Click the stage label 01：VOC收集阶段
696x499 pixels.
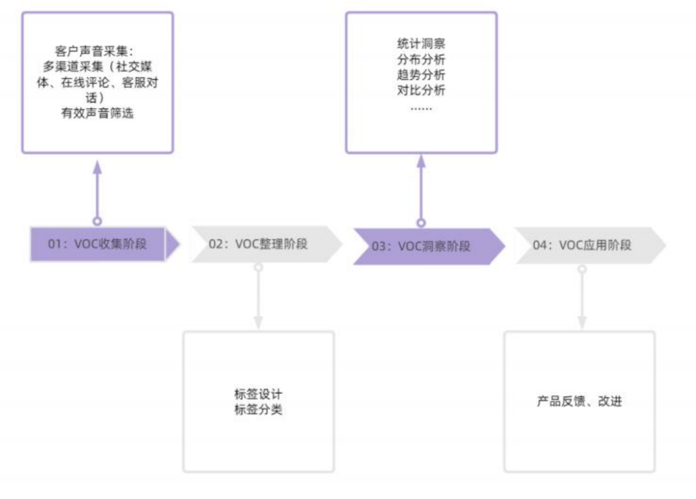(x=97, y=244)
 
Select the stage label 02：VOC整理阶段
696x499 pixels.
(x=258, y=244)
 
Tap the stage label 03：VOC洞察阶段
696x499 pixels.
(x=421, y=246)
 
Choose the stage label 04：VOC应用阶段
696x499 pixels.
(x=582, y=245)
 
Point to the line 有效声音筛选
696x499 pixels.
(x=97, y=115)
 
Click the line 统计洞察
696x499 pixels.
(x=421, y=44)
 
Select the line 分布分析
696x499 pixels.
(x=421, y=60)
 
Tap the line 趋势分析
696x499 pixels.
(x=421, y=75)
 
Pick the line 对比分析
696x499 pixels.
(x=421, y=91)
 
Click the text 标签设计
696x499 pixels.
(x=258, y=394)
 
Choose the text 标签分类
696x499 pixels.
(x=258, y=410)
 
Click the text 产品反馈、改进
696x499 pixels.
(x=579, y=402)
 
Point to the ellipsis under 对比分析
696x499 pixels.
(x=421, y=108)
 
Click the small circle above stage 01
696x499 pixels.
(x=97, y=221)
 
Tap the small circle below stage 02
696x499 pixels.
(x=258, y=267)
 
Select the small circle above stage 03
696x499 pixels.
(x=421, y=223)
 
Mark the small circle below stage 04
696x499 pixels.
(x=582, y=268)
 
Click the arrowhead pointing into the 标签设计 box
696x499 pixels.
(x=258, y=322)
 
